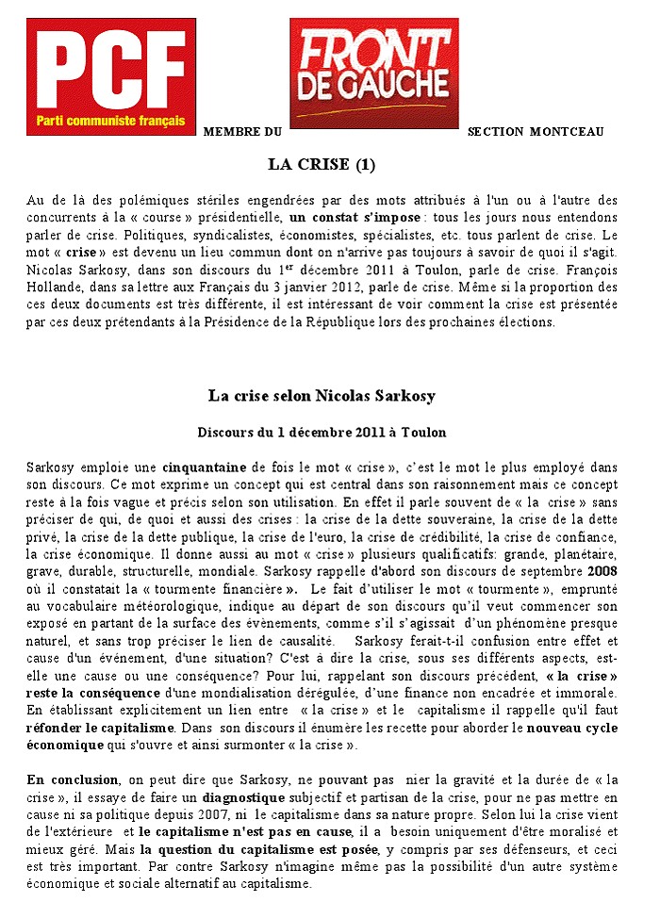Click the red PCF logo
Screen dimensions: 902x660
pos(111,75)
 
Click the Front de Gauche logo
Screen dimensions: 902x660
pos(374,73)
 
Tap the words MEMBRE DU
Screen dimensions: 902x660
pos(242,131)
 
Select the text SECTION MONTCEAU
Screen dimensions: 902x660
pos(536,131)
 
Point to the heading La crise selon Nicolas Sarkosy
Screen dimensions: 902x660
pos(322,395)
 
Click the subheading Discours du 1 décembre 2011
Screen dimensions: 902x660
pos(322,432)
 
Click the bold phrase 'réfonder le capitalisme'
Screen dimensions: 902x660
pos(92,729)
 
